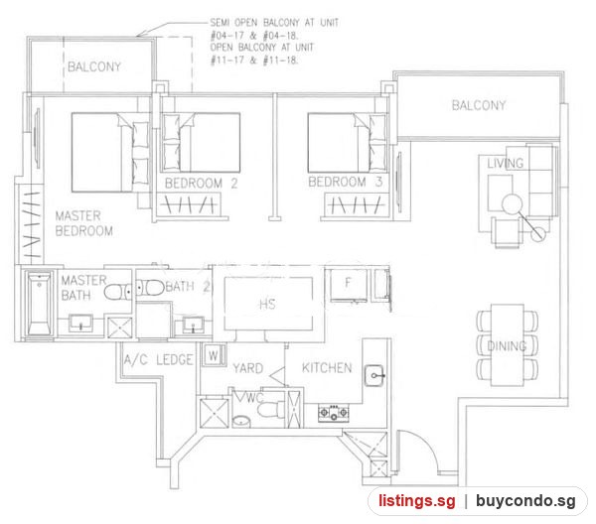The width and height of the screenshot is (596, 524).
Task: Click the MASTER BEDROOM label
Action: point(84,223)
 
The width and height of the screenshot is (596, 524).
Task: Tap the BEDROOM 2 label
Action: point(201,184)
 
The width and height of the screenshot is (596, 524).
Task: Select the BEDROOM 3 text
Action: point(345,182)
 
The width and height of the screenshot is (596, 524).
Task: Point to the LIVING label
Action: point(506,164)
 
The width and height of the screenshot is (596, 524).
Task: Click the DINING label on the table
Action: point(507,346)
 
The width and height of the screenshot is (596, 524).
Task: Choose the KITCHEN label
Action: point(327,368)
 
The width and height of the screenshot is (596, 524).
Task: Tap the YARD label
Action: point(247,368)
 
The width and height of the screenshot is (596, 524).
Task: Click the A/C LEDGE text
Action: point(159,359)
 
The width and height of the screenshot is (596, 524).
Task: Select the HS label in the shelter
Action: point(267,304)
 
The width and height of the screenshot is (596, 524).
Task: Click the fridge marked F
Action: point(349,285)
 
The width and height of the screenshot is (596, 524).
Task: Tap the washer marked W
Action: point(214,356)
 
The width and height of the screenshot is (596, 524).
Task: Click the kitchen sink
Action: point(374,375)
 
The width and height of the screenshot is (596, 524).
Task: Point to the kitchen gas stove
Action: point(334,413)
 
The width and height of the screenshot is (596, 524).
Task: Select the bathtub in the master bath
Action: point(39,304)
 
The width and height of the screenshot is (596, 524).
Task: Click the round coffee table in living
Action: point(512,203)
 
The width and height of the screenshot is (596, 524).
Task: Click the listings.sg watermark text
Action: point(416,501)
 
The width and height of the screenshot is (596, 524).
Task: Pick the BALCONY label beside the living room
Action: point(479,105)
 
